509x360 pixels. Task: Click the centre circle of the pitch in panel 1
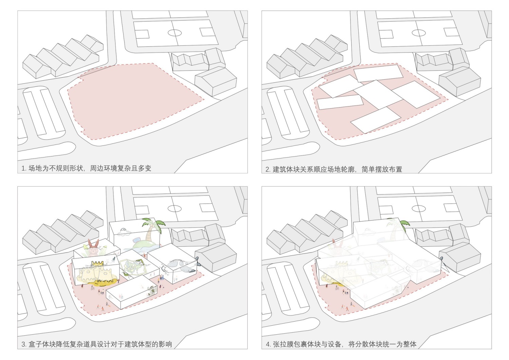(x=175, y=33)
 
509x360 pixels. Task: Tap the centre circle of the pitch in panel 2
(x=419, y=33)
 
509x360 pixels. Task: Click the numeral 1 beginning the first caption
(x=23, y=169)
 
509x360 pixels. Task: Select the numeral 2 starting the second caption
(x=268, y=170)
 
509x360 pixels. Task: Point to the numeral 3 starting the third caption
(x=23, y=344)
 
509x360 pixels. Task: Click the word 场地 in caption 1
(x=35, y=168)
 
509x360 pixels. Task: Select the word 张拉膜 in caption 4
(x=283, y=344)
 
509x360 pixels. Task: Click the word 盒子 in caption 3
(x=35, y=344)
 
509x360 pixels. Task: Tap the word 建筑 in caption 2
(x=280, y=169)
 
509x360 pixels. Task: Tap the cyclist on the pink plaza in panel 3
(x=93, y=288)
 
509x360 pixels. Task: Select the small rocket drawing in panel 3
(x=113, y=259)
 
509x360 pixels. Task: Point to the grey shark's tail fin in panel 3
(x=197, y=261)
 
